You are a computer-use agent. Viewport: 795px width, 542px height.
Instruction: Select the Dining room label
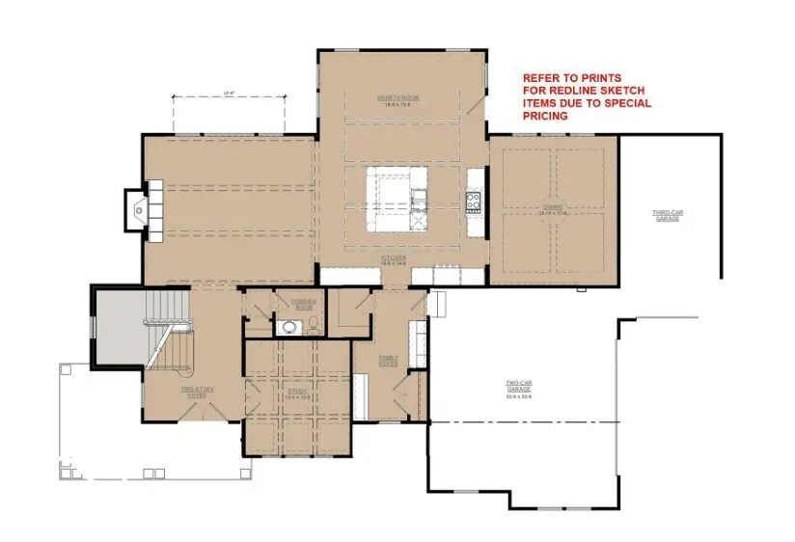coord(553,209)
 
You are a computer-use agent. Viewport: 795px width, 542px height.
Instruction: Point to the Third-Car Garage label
coord(667,216)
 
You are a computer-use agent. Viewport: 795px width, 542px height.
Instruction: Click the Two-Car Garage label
coord(521,390)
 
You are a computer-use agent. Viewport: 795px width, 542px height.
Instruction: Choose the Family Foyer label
coord(389,361)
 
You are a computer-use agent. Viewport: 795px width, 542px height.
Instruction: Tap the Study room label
coord(296,393)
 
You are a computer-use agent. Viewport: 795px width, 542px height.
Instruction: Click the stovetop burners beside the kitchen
coord(474,202)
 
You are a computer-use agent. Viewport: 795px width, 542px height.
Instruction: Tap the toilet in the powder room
coord(311,325)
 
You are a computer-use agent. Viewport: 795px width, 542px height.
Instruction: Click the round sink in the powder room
coord(287,327)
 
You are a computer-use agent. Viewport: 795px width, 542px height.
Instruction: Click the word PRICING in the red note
coord(545,116)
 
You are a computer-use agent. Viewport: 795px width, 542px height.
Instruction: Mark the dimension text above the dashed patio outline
coord(229,94)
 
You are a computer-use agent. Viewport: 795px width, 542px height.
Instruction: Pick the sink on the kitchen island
coord(419,200)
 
